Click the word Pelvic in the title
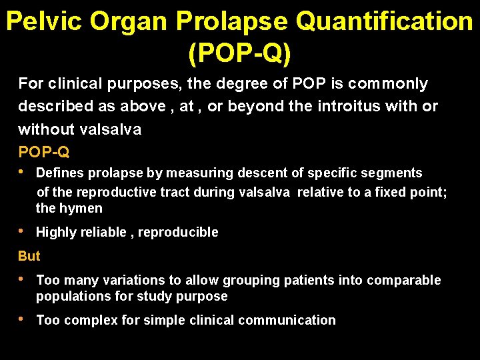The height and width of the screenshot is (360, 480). (x=44, y=22)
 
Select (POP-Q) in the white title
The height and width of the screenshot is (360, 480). (x=240, y=53)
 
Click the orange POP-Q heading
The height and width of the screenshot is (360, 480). (x=44, y=151)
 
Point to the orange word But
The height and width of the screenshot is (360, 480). (x=29, y=256)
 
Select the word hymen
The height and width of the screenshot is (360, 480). (x=79, y=208)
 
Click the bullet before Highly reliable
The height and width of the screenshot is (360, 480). (x=23, y=231)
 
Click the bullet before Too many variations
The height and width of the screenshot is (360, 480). (x=23, y=279)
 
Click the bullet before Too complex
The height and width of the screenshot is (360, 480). (x=23, y=319)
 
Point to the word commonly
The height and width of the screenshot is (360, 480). (x=389, y=84)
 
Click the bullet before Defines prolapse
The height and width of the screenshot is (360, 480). (x=23, y=172)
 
